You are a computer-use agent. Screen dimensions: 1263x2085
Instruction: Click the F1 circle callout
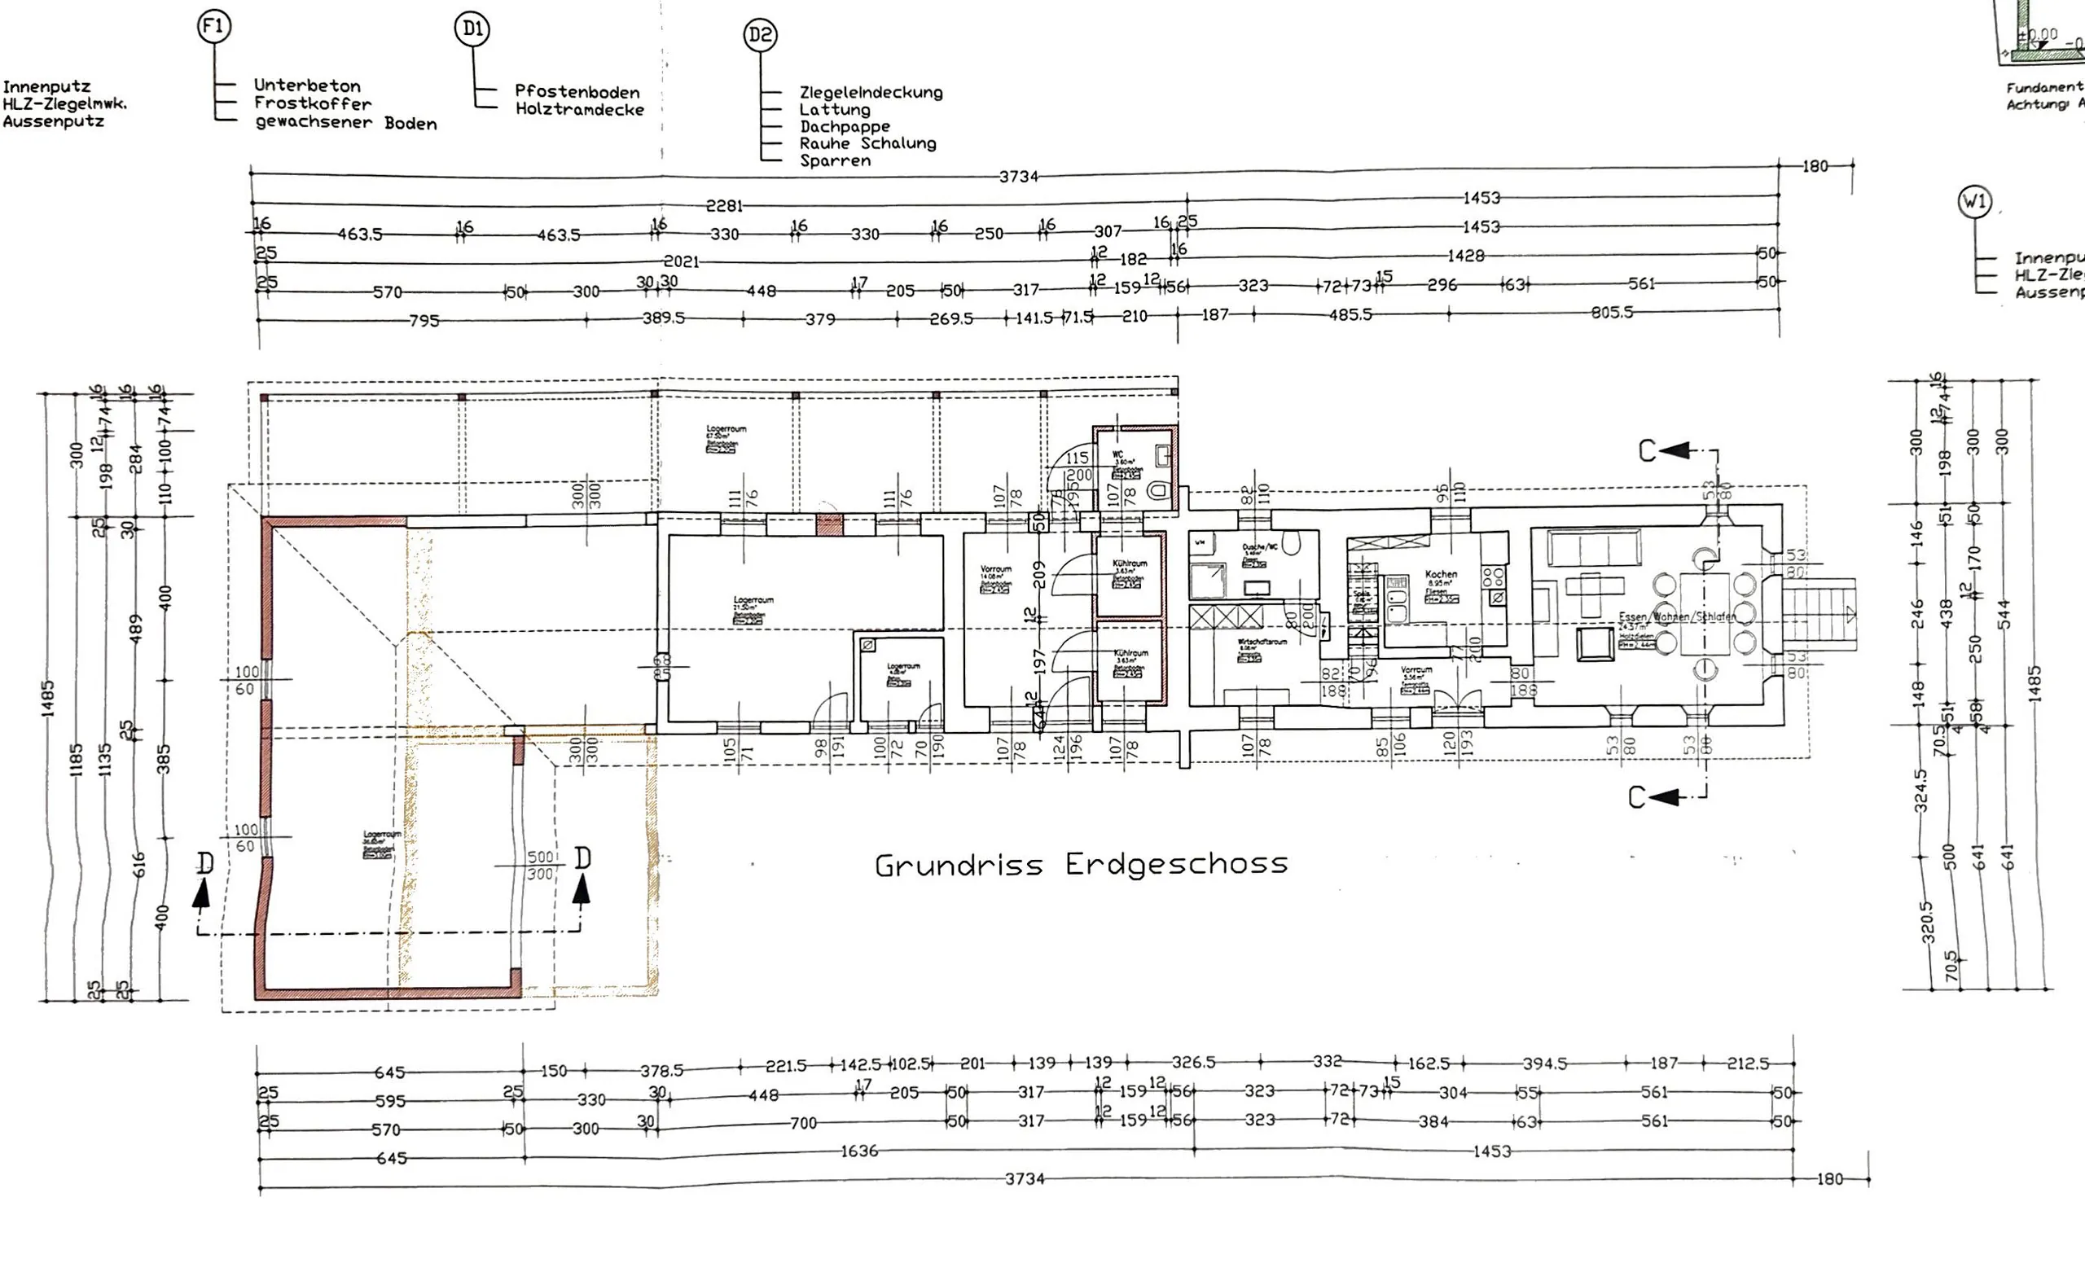[213, 27]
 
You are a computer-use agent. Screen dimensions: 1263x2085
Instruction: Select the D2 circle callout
[760, 36]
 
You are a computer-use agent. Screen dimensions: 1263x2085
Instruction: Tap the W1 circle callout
[1974, 202]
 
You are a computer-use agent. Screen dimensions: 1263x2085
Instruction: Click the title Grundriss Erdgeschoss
[1081, 865]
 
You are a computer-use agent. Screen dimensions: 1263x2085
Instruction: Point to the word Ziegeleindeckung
[871, 92]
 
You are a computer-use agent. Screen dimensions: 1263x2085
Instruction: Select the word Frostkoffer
[312, 104]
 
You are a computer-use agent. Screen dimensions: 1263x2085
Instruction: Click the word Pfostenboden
[577, 92]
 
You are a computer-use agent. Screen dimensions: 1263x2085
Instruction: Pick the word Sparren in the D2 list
[835, 160]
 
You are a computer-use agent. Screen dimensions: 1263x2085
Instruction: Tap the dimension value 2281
[724, 205]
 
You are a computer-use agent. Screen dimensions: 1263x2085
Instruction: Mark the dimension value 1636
[859, 1151]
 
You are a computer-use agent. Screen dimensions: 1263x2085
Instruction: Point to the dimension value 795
[424, 322]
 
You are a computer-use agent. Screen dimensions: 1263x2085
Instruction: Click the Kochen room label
[1440, 574]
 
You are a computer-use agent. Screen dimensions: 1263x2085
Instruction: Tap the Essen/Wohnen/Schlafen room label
[1675, 616]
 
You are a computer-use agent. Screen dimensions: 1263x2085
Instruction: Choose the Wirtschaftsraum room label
[1262, 642]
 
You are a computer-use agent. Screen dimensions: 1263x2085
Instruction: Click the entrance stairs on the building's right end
[1819, 613]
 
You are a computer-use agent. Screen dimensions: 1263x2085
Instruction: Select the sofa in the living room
[1594, 548]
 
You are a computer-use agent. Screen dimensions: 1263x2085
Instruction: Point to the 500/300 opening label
[540, 866]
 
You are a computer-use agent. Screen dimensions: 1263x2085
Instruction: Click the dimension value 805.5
[1611, 313]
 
